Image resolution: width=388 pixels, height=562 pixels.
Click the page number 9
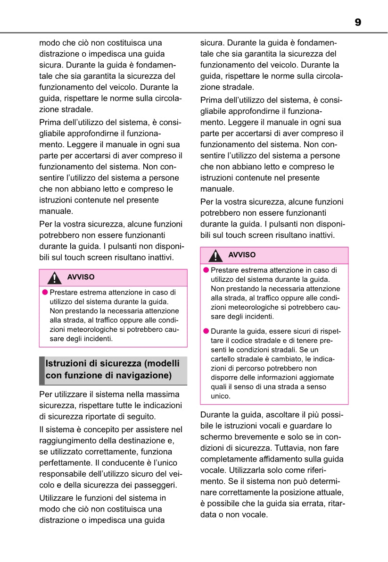[x=358, y=22]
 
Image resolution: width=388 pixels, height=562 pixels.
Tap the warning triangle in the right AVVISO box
[x=216, y=256]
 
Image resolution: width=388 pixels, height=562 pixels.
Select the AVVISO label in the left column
[x=81, y=277]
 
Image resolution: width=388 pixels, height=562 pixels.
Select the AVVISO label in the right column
[x=242, y=255]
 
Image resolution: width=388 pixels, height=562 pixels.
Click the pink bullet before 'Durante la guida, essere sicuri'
[x=206, y=331]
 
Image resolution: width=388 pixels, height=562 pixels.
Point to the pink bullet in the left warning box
[x=45, y=292]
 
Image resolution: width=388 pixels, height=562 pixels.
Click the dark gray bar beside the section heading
[x=42, y=370]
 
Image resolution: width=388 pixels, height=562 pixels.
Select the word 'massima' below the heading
[x=164, y=394]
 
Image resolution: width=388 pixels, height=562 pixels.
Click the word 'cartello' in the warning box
[x=223, y=359]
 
